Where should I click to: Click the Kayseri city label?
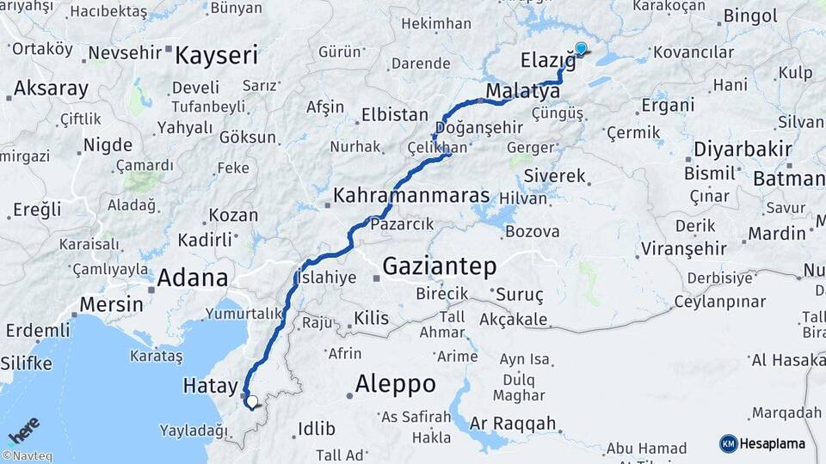[216, 57]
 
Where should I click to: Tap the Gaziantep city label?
[439, 266]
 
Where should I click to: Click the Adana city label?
[193, 277]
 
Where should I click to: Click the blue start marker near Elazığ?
[581, 49]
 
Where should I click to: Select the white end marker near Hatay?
[251, 400]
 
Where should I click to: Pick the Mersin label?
[111, 304]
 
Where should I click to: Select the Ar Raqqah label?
[513, 424]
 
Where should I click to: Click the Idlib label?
[310, 428]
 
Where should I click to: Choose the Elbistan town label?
[394, 114]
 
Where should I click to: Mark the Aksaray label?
[51, 88]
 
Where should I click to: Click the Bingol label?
[750, 15]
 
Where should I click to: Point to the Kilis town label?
[371, 318]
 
